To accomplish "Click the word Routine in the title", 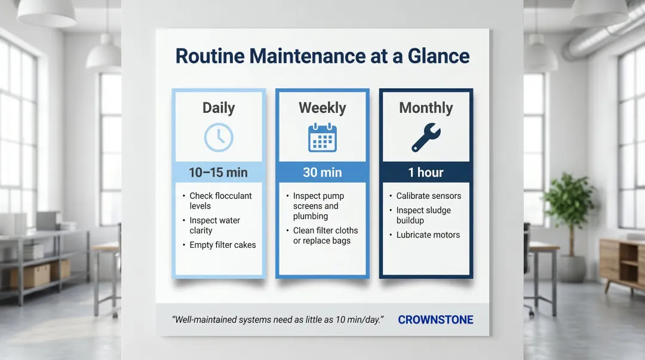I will click(209, 56).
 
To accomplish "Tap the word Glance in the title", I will click(439, 56).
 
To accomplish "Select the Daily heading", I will click(219, 108).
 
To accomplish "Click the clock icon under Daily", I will click(219, 137).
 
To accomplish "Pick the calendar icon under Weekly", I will click(322, 137).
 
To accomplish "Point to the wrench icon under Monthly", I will click(426, 137).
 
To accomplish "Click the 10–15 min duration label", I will click(219, 173).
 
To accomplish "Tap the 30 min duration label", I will click(322, 173).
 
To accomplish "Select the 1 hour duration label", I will click(426, 173).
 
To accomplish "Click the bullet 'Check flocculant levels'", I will click(220, 201).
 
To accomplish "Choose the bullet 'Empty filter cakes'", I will click(222, 245).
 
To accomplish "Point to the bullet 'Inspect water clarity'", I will click(214, 225).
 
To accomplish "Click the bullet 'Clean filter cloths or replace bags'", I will click(325, 235).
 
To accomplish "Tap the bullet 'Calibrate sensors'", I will click(428, 196).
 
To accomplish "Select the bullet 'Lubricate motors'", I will click(428, 235).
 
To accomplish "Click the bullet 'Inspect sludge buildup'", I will click(423, 215).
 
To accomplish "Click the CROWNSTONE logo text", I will click(435, 320).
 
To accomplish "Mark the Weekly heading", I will click(322, 108).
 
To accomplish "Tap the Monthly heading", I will click(426, 108).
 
